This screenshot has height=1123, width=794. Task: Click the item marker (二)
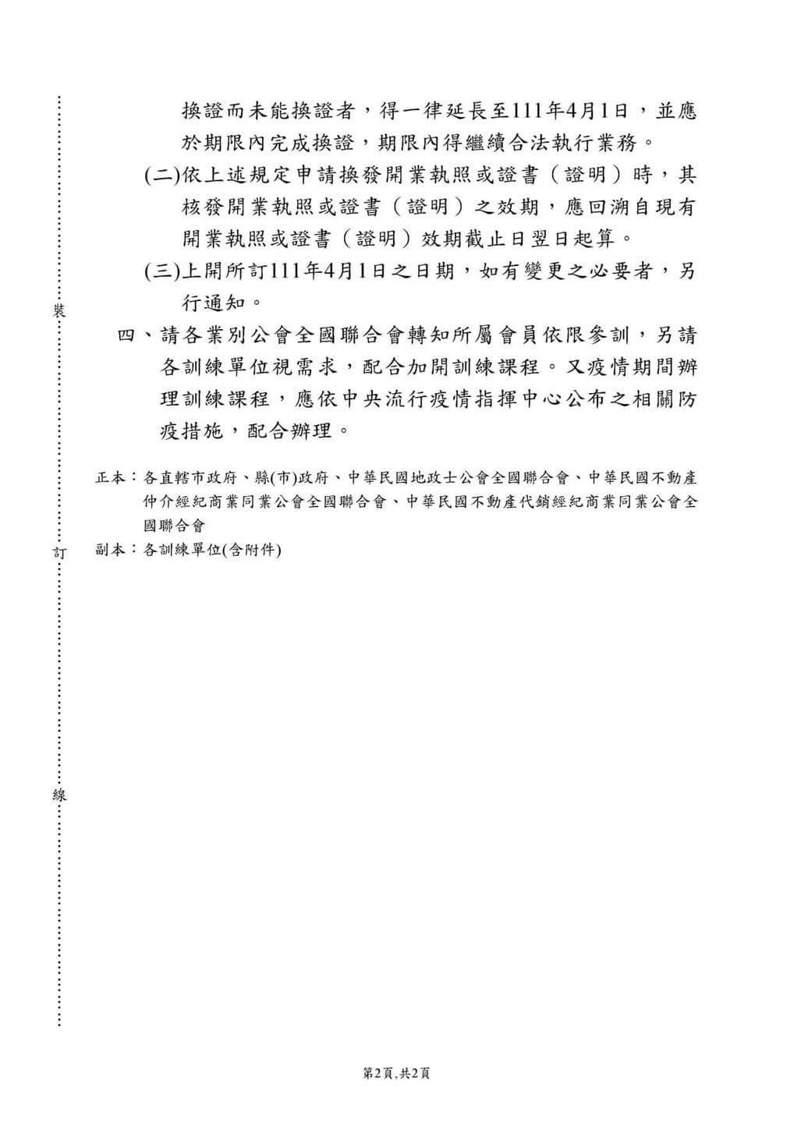point(161,175)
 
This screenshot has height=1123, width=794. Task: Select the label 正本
point(108,477)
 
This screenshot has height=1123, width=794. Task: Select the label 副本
point(108,549)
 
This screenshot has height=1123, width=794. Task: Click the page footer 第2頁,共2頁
point(397,1074)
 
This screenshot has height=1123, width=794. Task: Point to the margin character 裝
point(58,310)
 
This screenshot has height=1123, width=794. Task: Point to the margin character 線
point(58,795)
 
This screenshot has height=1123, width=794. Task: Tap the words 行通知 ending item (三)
point(209,302)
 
